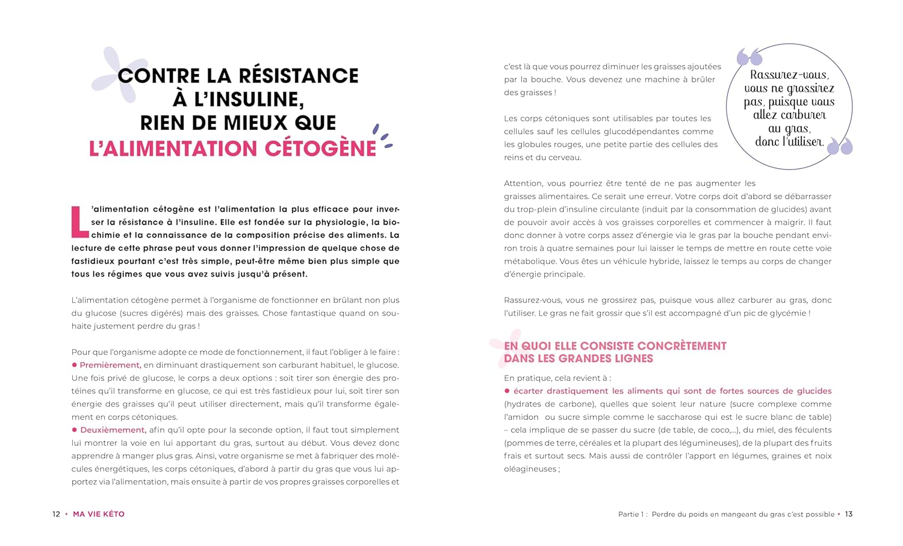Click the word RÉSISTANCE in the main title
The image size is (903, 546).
(299, 76)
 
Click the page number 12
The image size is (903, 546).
(56, 514)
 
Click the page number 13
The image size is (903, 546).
(849, 514)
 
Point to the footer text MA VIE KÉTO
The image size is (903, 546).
(99, 514)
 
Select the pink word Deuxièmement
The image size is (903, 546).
(113, 430)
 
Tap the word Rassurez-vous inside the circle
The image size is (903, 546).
(789, 75)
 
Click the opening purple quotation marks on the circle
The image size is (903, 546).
(749, 57)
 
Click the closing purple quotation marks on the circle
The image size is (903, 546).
(840, 146)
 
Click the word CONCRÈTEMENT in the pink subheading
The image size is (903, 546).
(681, 346)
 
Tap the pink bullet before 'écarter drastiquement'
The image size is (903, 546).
(507, 391)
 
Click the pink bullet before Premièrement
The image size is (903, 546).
(75, 365)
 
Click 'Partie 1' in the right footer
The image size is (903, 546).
(631, 514)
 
